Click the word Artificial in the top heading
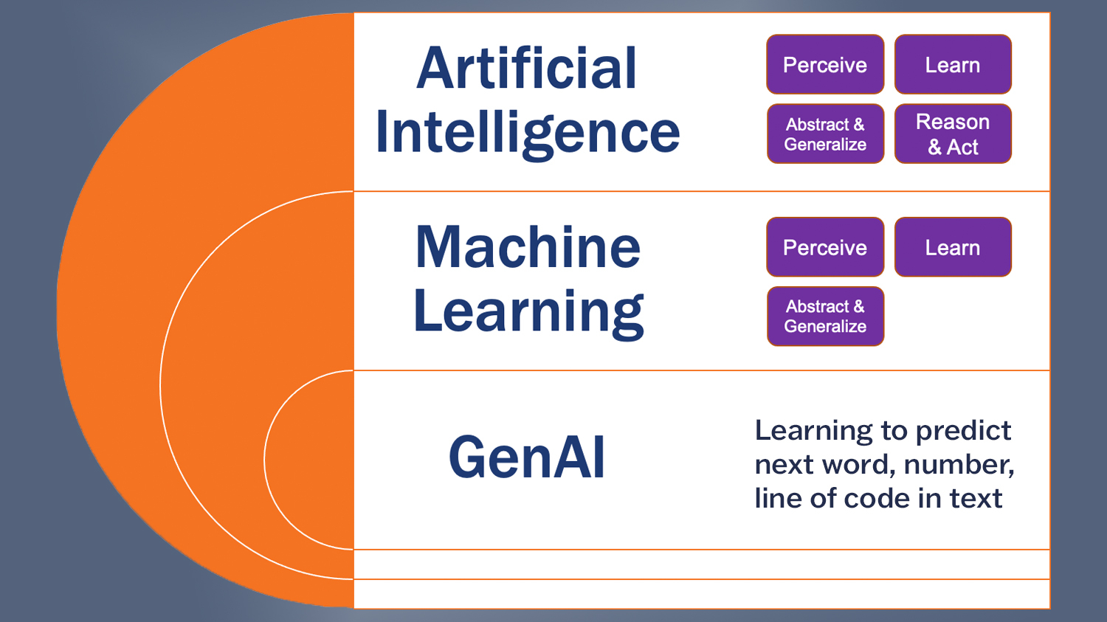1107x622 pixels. [526, 69]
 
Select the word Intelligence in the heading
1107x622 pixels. [527, 134]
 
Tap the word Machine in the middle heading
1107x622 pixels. [528, 247]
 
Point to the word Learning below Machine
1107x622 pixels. [528, 312]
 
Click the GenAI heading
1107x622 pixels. [527, 458]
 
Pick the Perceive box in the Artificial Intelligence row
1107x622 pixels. [825, 65]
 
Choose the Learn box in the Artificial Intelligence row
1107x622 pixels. [953, 65]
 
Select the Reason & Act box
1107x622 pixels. [953, 134]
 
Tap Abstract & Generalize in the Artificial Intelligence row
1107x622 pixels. [825, 134]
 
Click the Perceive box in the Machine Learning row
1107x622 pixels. [825, 247]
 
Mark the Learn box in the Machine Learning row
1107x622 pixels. [953, 247]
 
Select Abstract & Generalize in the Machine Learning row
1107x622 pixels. [825, 317]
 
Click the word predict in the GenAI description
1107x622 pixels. [963, 431]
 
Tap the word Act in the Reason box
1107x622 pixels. [962, 148]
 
